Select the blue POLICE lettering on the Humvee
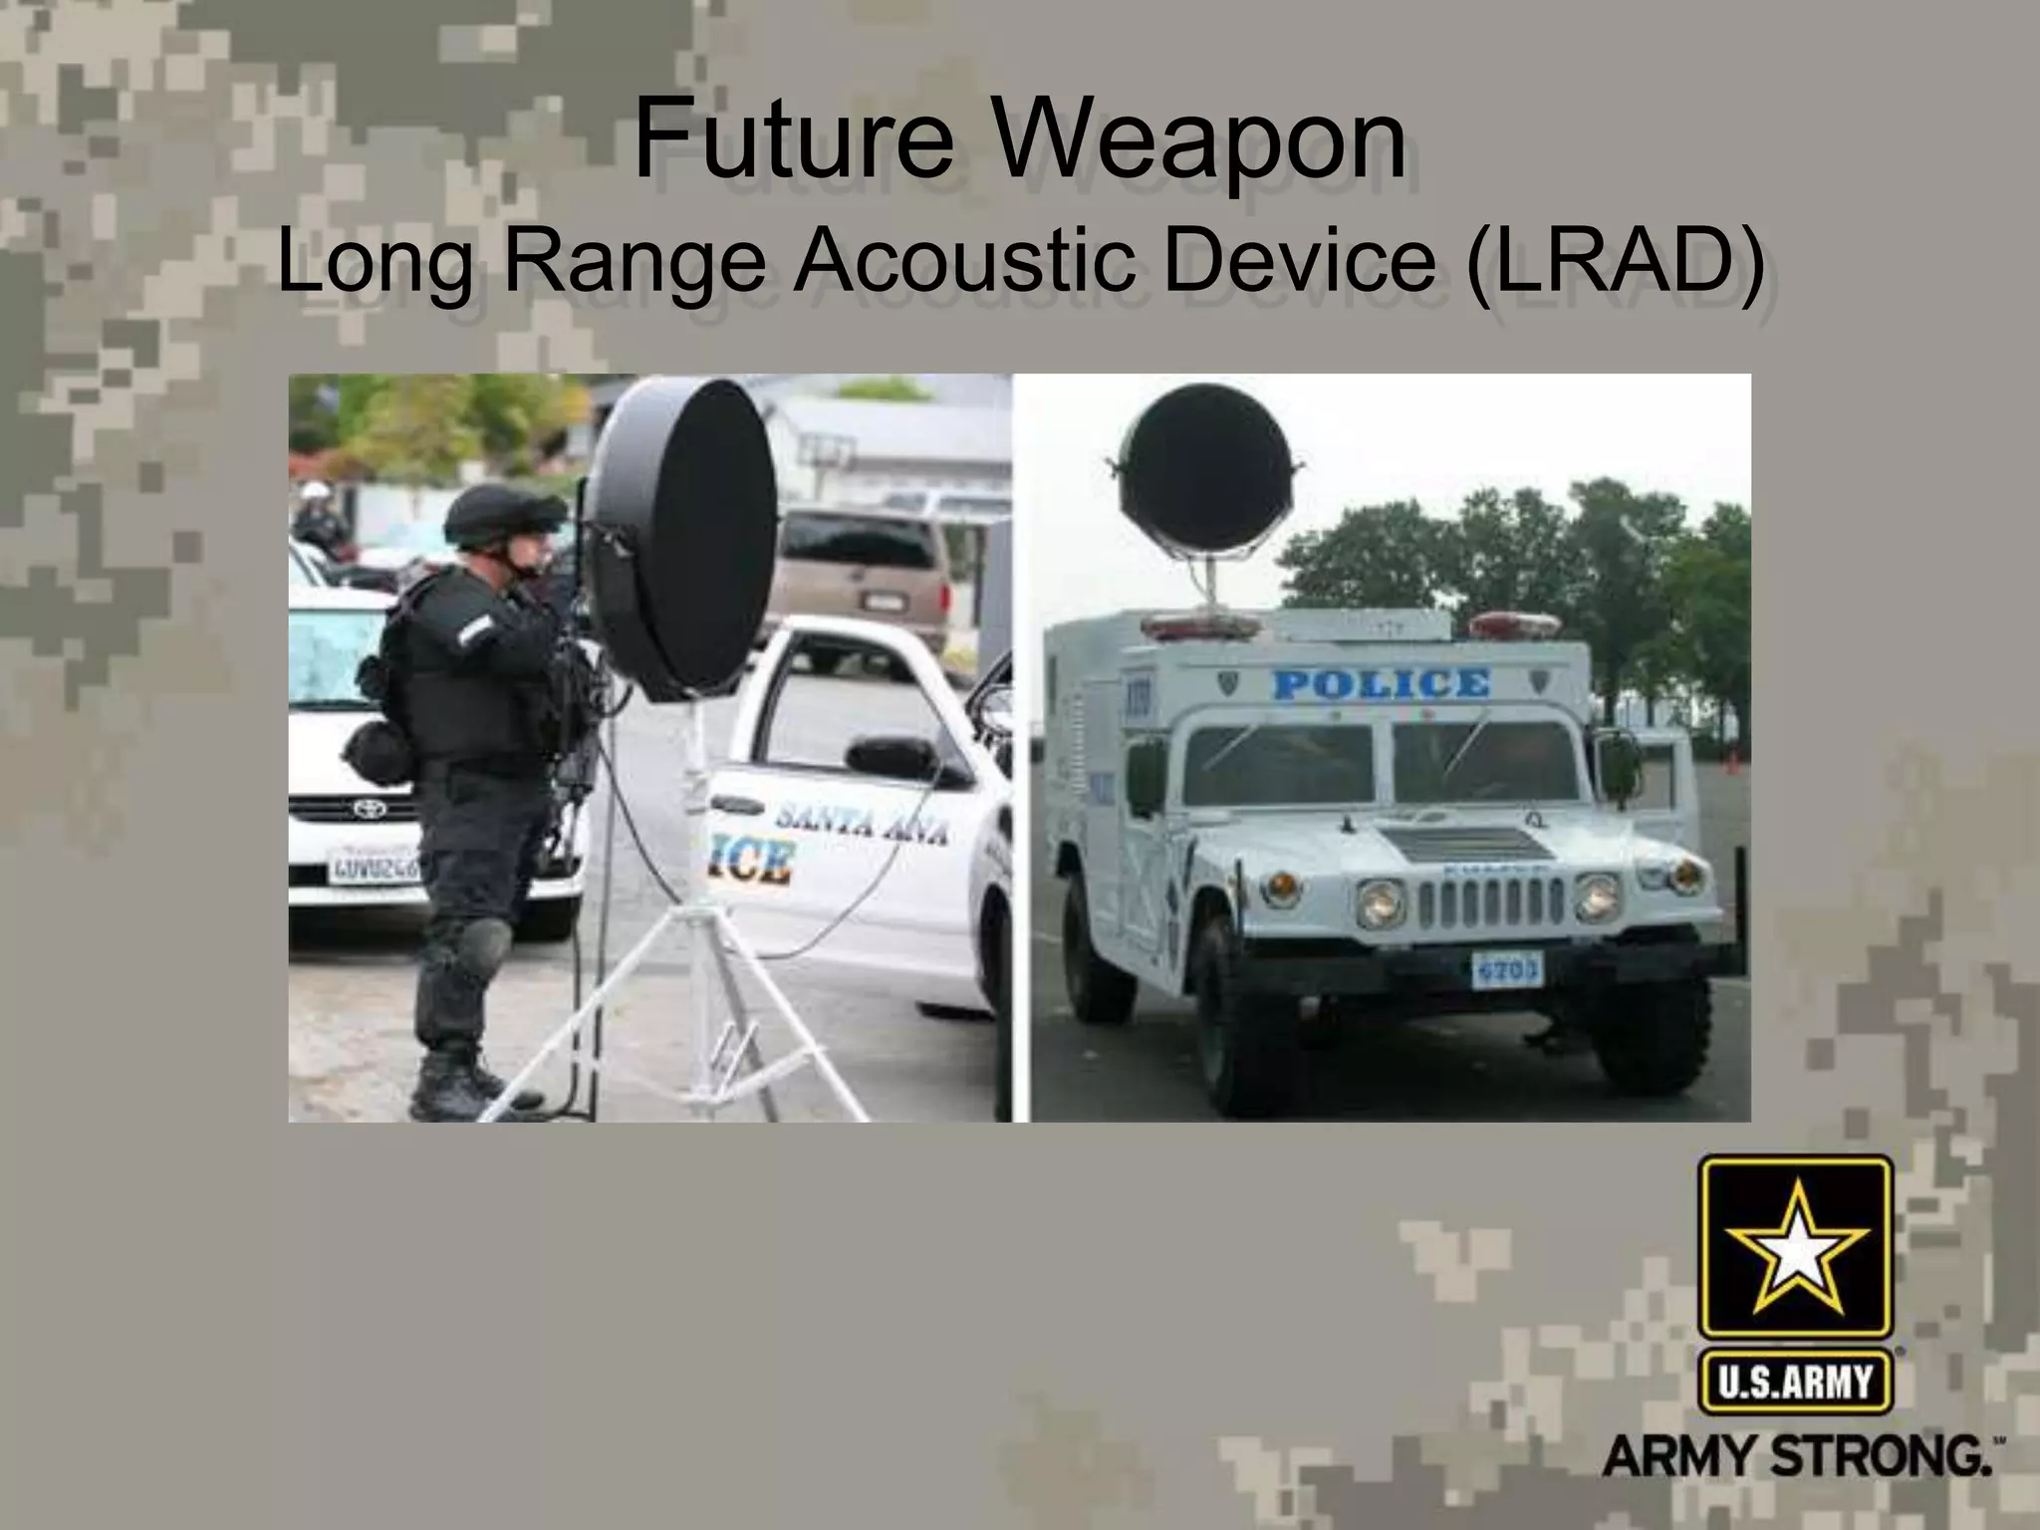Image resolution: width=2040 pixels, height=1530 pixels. [1382, 684]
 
